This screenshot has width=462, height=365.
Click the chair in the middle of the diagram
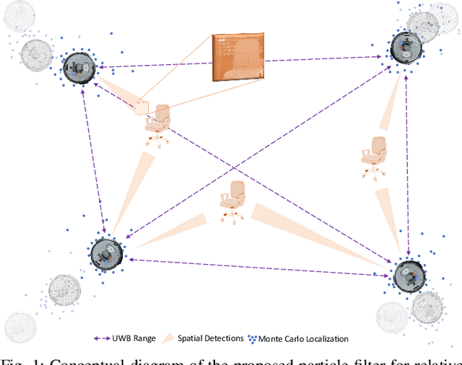tap(234, 199)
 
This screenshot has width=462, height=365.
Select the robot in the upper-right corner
tap(406, 48)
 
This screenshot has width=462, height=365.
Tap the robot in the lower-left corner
tap(106, 252)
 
